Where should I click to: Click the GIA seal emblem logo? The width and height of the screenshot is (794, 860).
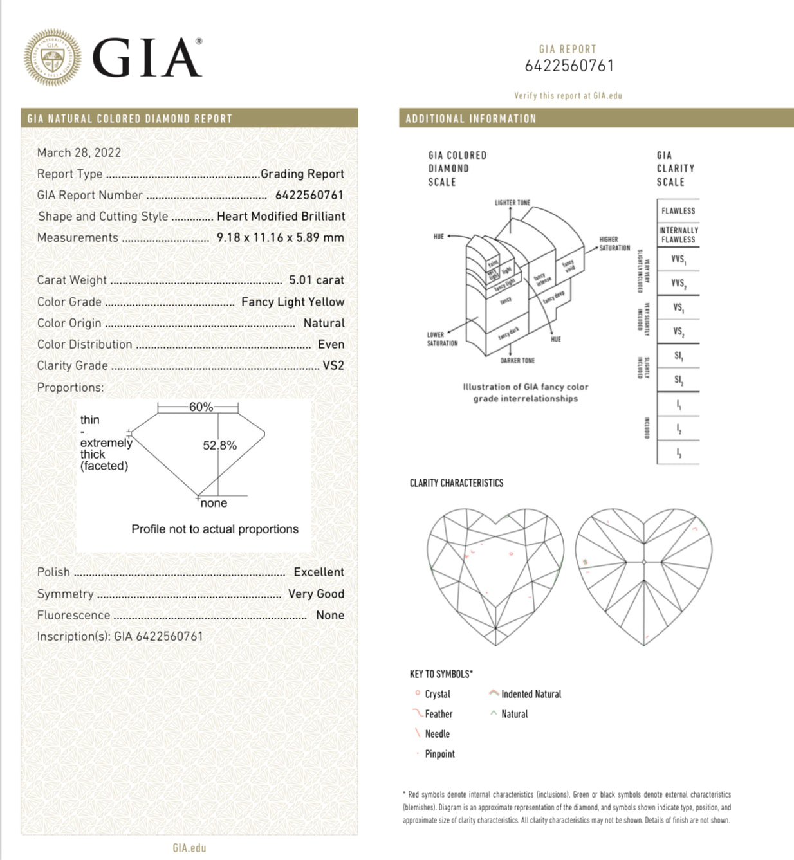coord(52,57)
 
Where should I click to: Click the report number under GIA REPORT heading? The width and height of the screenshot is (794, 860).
coord(569,66)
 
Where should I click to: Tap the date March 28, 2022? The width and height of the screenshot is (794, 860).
coord(79,152)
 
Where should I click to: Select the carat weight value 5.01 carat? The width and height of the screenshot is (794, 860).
coord(316,280)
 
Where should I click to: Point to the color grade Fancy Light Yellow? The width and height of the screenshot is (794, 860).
coord(293,302)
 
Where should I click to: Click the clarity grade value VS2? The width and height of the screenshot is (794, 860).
coord(333,365)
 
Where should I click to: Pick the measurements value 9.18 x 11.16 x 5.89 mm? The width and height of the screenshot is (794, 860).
coord(280,237)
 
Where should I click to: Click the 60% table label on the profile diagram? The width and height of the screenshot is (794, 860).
coord(201,407)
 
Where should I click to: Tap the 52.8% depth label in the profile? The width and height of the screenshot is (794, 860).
coord(219,445)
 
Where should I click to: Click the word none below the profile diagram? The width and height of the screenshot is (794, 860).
coord(214,503)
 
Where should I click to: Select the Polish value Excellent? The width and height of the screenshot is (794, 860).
coord(319,572)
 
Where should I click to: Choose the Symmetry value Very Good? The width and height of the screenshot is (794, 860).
coord(316,594)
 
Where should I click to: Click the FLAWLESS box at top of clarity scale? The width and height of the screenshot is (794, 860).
coord(678,211)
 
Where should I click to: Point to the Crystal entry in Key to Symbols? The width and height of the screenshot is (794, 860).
coord(438,694)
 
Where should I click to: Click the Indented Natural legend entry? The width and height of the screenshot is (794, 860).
coord(531,694)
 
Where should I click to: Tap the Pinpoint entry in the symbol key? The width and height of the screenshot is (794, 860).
coord(439,754)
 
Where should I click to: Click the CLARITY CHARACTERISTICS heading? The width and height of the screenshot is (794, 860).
coord(456,483)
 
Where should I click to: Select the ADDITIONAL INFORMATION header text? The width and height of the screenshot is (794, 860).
coord(470,118)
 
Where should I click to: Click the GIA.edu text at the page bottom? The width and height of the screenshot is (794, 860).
coord(189,848)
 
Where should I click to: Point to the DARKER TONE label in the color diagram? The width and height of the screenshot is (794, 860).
coord(517,361)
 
